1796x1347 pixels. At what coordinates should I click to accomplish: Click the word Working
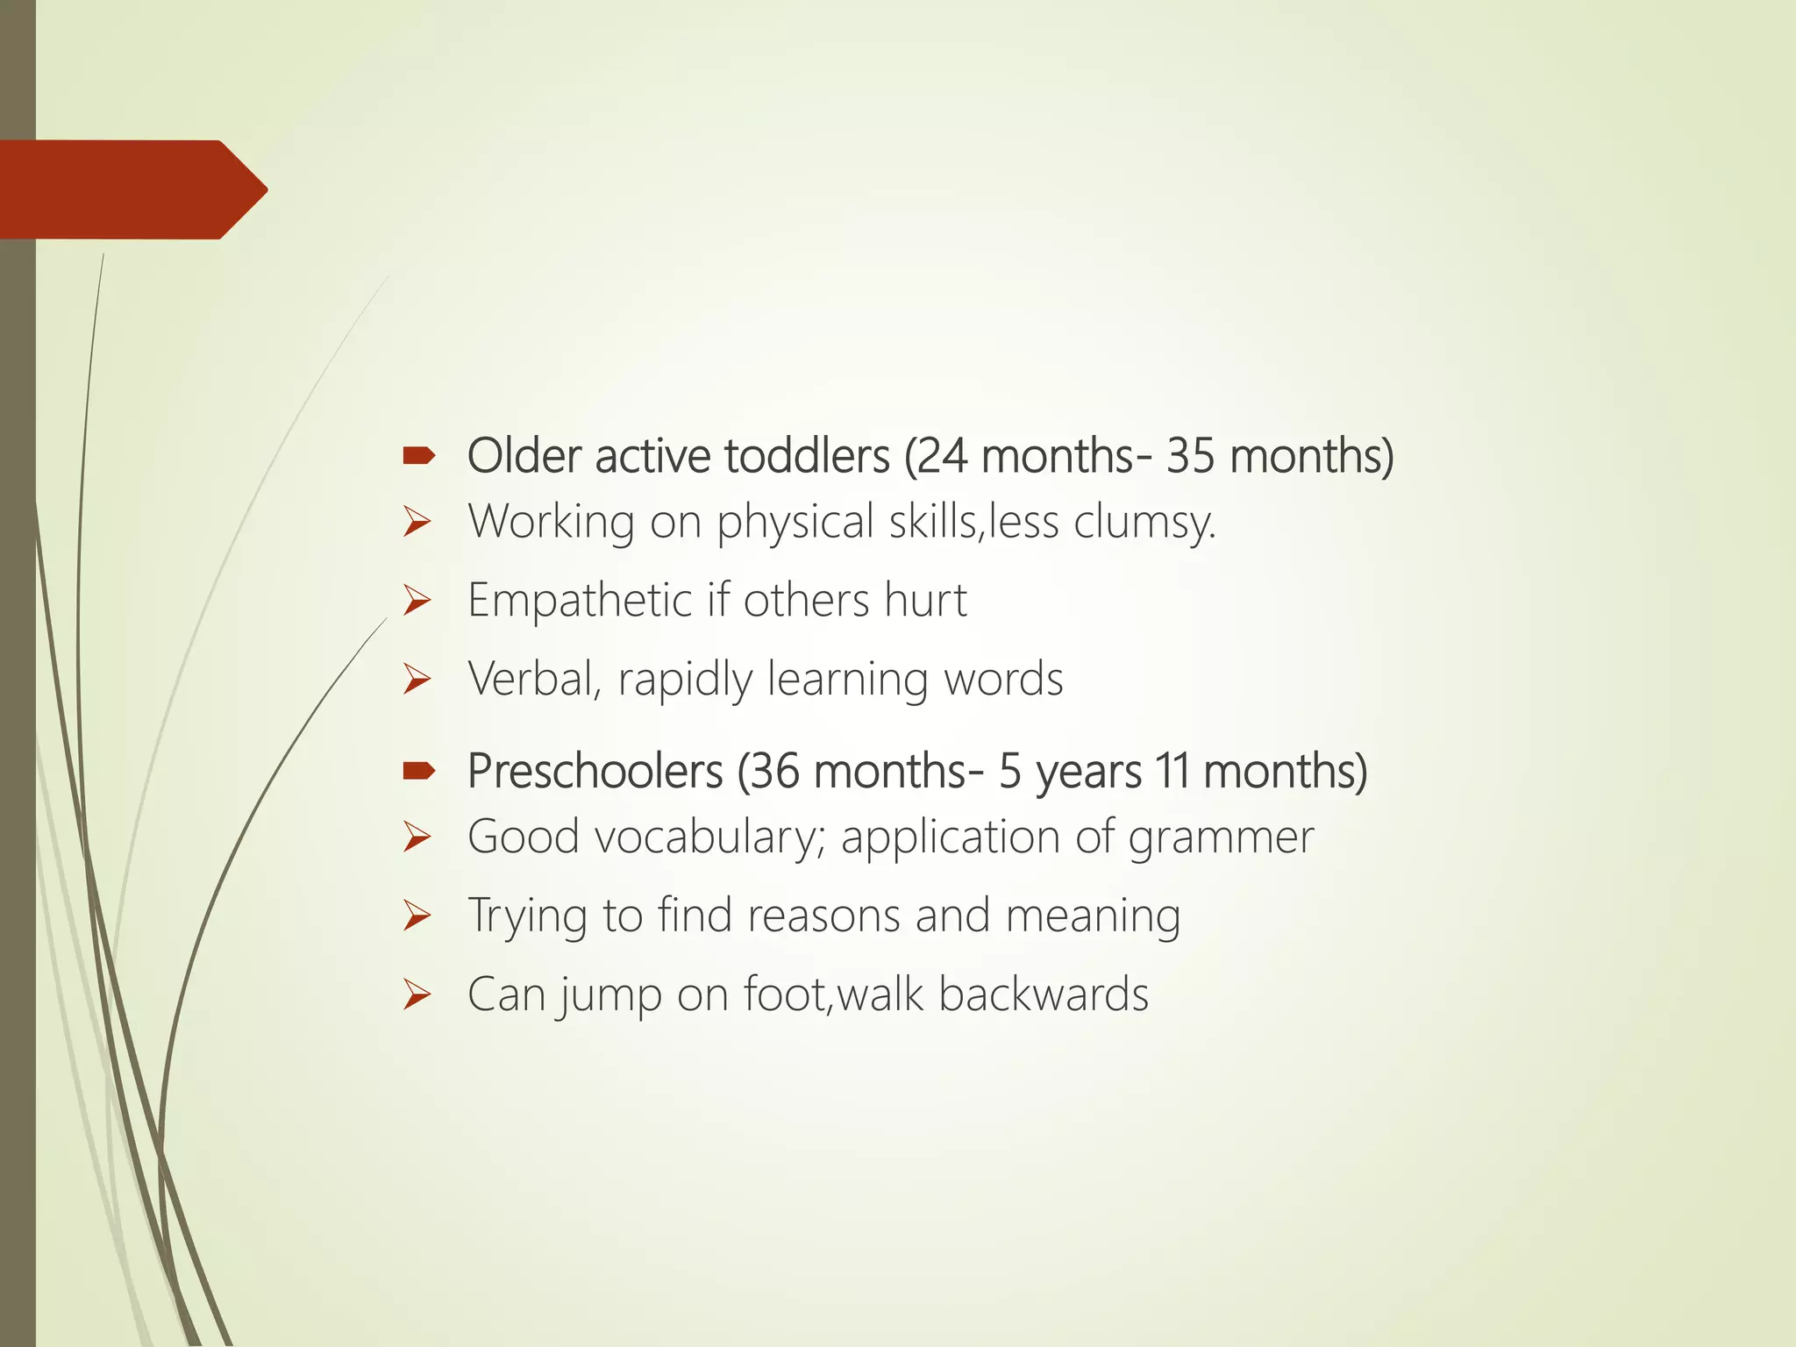(551, 522)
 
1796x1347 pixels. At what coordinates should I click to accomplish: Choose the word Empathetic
(580, 601)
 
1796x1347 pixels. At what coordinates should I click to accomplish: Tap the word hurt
(925, 601)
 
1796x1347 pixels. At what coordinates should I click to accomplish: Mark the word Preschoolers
(595, 772)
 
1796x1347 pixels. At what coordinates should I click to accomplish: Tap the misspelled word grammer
(1221, 837)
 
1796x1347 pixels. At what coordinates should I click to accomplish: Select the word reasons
(823, 916)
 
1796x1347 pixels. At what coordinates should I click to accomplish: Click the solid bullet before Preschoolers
(418, 771)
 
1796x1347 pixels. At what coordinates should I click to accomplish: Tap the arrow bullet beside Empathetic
(417, 601)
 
